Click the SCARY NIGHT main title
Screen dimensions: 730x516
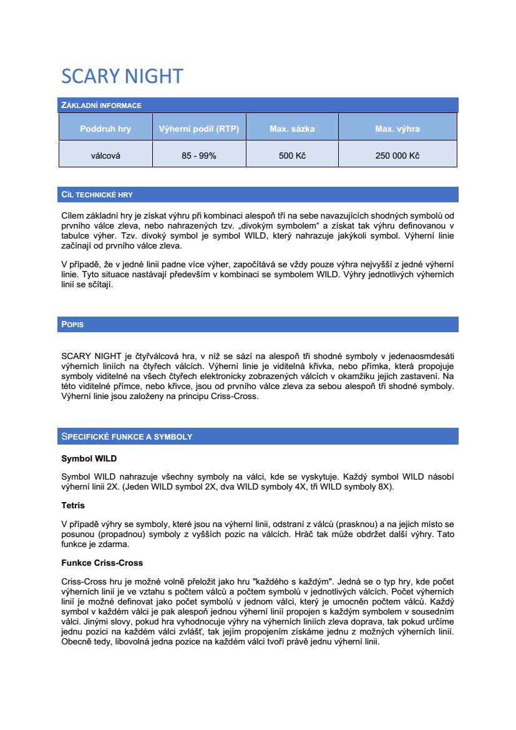tap(122, 76)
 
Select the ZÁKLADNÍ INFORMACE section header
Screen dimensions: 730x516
tap(101, 106)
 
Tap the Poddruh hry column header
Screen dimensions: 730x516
tap(105, 129)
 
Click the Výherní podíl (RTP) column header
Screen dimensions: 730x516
tap(199, 129)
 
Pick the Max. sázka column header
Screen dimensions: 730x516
tap(292, 129)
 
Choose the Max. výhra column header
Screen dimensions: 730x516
tap(397, 129)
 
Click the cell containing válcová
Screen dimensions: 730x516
tap(105, 155)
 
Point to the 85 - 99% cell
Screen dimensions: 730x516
tap(199, 155)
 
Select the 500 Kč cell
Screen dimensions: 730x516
tap(292, 155)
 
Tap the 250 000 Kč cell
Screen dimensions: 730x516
tap(397, 155)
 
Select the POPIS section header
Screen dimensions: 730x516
tap(72, 325)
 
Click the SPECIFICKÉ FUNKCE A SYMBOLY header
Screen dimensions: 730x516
tap(127, 437)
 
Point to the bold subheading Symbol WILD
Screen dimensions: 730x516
tap(89, 459)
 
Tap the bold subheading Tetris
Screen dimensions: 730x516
tap(73, 505)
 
